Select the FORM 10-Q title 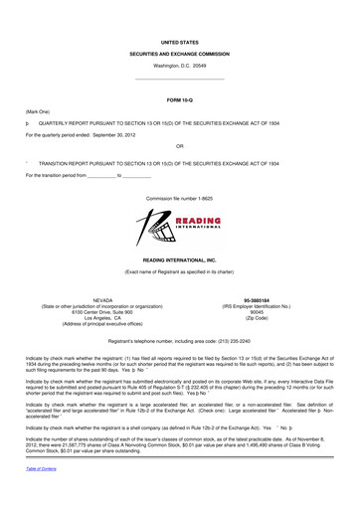click(179, 99)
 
